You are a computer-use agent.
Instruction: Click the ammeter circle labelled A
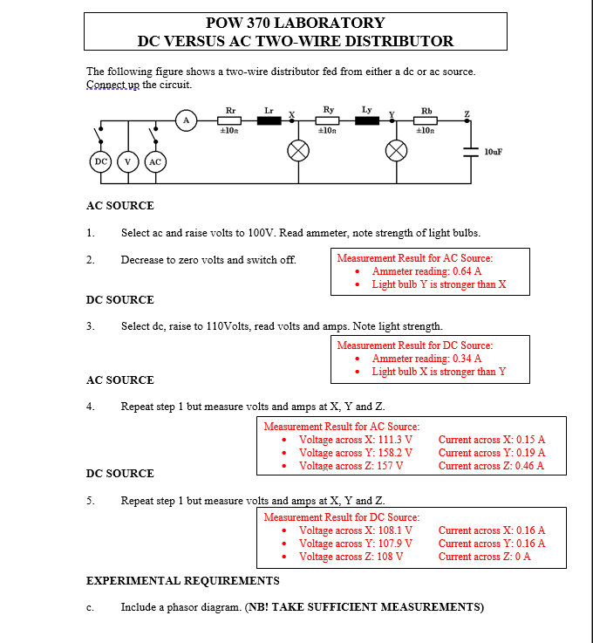(185, 121)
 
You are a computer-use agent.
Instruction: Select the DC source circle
(101, 161)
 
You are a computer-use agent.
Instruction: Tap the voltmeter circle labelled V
(129, 161)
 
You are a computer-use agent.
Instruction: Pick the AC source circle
(155, 161)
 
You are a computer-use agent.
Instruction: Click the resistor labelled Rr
(230, 121)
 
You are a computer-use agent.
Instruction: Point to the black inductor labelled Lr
(269, 121)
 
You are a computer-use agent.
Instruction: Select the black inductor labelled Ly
(367, 121)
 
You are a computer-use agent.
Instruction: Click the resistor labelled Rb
(426, 121)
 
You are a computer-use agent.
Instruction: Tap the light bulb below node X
(298, 150)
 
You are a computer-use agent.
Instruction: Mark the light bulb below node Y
(397, 150)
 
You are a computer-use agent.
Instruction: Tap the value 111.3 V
(391, 440)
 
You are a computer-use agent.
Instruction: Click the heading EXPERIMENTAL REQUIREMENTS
(183, 581)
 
